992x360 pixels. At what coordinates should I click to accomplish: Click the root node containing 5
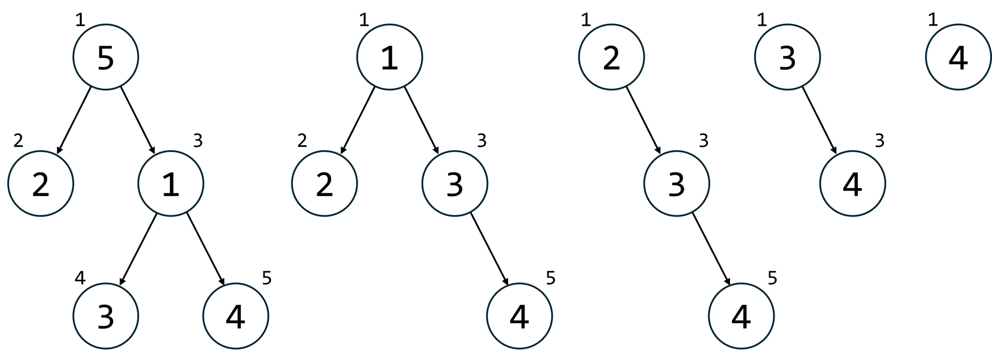[106, 57]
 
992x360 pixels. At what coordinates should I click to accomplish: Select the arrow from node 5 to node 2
[74, 121]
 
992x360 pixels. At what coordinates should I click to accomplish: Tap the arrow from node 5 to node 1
[138, 121]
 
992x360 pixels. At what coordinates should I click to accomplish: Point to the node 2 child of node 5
[41, 184]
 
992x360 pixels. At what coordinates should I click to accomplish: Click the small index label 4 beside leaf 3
[80, 278]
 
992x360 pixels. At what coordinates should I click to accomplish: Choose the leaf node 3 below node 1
[106, 316]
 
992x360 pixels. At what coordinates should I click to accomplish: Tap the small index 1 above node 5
[80, 20]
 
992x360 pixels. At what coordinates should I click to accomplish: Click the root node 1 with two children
[389, 57]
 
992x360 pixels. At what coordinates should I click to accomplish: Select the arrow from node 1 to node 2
[357, 121]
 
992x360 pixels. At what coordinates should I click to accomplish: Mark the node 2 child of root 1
[325, 184]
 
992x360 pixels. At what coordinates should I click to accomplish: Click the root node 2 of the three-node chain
[611, 57]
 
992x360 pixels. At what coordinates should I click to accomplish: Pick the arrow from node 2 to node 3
[643, 121]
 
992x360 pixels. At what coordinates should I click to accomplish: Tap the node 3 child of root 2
[677, 184]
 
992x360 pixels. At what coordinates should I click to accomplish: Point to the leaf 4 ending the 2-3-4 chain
[741, 316]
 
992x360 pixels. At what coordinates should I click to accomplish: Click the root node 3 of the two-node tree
[787, 57]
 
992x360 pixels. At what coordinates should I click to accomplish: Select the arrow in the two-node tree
[820, 121]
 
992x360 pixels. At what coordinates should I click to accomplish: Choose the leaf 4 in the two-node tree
[852, 184]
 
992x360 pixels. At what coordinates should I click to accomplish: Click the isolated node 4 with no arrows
[958, 57]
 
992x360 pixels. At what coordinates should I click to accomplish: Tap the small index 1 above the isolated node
[933, 20]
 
